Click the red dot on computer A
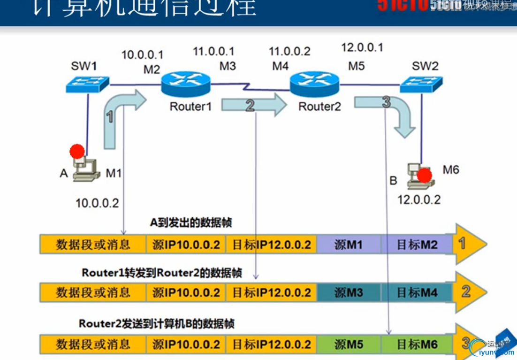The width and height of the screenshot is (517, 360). (x=77, y=151)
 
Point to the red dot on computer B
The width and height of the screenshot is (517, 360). (x=424, y=175)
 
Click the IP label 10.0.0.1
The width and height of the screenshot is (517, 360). (x=142, y=54)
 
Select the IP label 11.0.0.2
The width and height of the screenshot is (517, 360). (x=289, y=51)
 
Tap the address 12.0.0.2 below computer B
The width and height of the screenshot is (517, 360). (x=419, y=199)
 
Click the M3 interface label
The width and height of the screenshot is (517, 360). (x=228, y=66)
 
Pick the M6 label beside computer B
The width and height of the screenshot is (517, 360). (x=451, y=169)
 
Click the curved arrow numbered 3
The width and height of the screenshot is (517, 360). (x=389, y=110)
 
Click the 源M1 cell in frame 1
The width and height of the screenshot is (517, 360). (x=349, y=245)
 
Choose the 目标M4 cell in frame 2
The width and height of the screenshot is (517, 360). (x=417, y=293)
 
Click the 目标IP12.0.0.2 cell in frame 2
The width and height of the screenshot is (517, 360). (x=271, y=293)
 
